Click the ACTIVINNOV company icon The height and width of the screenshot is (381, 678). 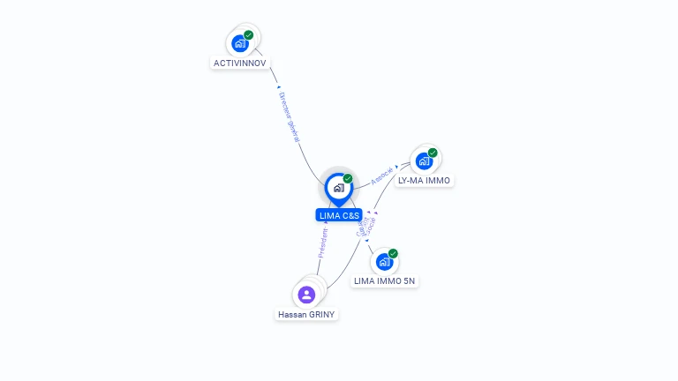(x=239, y=42)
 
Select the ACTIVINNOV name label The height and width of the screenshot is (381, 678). (x=239, y=63)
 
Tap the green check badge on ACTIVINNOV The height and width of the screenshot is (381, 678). (x=249, y=35)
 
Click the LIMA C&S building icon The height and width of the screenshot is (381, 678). (x=338, y=187)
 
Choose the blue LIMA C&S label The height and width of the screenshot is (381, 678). (x=339, y=215)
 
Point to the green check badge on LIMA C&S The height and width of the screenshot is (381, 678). (x=348, y=179)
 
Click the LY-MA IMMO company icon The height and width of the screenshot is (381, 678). (x=424, y=161)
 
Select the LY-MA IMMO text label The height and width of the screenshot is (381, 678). (x=424, y=181)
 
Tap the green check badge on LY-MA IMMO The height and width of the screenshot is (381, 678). (x=433, y=153)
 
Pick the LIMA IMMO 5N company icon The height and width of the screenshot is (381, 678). (x=383, y=261)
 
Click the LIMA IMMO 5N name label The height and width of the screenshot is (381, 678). (x=384, y=281)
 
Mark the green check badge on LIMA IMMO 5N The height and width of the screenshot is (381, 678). (x=393, y=254)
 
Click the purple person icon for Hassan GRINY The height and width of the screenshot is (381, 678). (x=306, y=295)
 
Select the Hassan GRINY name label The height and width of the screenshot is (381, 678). (x=306, y=314)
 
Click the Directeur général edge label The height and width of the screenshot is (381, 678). (x=289, y=116)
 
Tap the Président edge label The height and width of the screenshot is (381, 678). (x=322, y=243)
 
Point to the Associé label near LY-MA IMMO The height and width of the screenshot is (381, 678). (x=381, y=175)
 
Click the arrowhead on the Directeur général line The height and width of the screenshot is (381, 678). (x=278, y=87)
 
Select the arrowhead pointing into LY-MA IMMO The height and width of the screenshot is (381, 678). (x=397, y=165)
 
